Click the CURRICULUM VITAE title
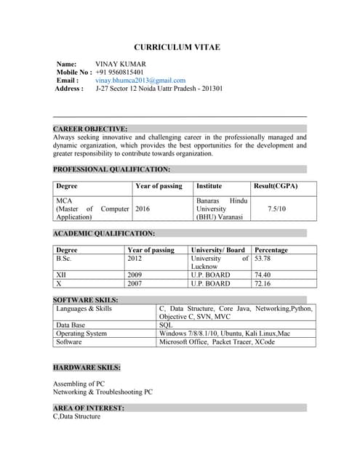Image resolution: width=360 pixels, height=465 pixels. pos(177,47)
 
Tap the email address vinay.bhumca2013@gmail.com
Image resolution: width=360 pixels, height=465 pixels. pos(140,81)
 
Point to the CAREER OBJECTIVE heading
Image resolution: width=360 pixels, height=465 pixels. pos(90,129)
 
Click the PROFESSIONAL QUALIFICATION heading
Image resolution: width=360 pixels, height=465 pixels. pos(111,169)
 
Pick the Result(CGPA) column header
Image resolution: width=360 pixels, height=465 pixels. pos(276,186)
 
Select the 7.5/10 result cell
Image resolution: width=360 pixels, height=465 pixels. pos(276,209)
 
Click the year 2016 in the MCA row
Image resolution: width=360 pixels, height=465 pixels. pos(143,209)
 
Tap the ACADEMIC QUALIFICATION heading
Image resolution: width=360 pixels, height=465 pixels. pos(104,234)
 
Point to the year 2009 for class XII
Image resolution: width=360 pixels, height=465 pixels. pos(135,275)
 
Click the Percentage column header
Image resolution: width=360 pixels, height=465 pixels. pos(271,250)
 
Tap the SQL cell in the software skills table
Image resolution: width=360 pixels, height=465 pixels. pos(166,325)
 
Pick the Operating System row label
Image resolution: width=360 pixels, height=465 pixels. pos(81,333)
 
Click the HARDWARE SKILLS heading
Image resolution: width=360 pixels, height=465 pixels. pos(87,368)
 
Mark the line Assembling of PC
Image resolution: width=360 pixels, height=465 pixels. pos(79,383)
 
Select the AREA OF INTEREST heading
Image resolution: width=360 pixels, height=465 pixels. pos(88,408)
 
